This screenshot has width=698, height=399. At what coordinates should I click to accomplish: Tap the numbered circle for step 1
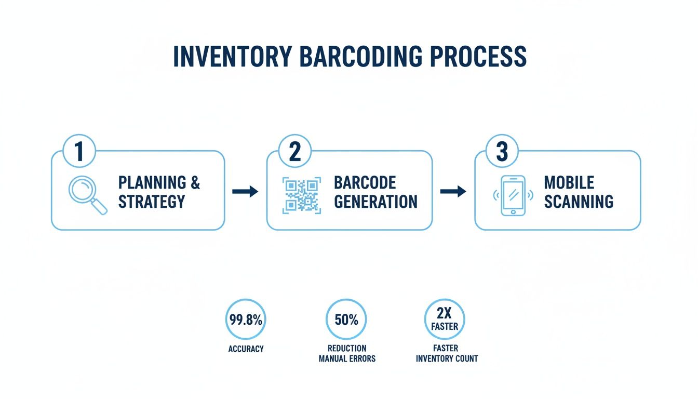click(x=78, y=151)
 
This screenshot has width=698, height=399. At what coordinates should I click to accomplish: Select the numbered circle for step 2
click(x=294, y=151)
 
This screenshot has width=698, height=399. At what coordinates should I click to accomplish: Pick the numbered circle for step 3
click(x=502, y=151)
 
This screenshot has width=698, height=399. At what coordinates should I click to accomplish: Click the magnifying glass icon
click(x=87, y=194)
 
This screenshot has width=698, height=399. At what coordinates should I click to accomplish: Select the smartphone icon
click(x=513, y=195)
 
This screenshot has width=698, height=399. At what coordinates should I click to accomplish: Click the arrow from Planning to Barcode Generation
click(x=245, y=192)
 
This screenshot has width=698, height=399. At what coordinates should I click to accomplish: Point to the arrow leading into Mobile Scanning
click(x=453, y=192)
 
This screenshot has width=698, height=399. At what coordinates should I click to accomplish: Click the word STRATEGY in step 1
click(x=152, y=201)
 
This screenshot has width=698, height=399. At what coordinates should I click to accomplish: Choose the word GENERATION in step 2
click(x=375, y=201)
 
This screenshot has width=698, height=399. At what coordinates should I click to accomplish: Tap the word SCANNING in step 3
click(x=579, y=201)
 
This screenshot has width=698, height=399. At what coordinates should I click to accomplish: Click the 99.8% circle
click(x=246, y=320)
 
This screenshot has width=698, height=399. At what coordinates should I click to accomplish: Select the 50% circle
click(x=346, y=320)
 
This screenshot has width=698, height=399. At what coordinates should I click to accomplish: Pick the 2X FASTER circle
click(x=445, y=320)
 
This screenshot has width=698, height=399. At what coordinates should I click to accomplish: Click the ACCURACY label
click(x=246, y=349)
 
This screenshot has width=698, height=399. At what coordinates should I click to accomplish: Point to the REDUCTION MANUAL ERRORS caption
click(x=347, y=353)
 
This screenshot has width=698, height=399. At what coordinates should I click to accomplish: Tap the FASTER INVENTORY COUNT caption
click(x=447, y=353)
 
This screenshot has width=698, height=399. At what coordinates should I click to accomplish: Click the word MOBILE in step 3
click(x=569, y=183)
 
